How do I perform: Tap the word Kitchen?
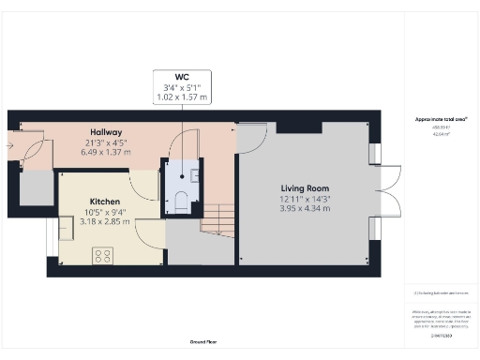click(x=105, y=202)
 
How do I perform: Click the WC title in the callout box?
click(x=183, y=77)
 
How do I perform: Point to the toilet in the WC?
click(x=177, y=201)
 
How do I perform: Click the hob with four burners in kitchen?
click(x=102, y=254)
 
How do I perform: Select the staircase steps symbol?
click(x=218, y=221)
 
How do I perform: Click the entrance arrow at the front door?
click(x=10, y=146)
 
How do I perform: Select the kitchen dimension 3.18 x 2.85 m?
click(x=105, y=223)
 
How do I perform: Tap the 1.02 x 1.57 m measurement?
click(x=183, y=97)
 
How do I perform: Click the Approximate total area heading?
click(x=440, y=118)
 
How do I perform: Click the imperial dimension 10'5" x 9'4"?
click(x=105, y=213)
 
